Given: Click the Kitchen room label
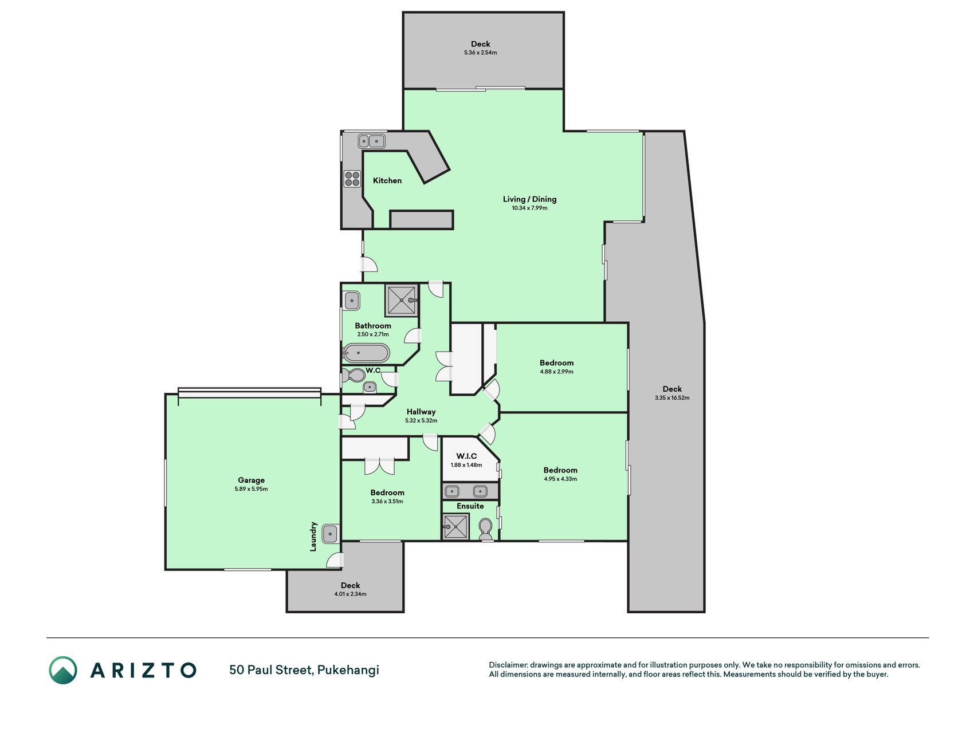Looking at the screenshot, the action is coord(387,180).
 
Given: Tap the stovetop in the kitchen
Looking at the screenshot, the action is coord(352,179).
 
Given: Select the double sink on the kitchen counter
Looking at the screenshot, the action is coord(372,141).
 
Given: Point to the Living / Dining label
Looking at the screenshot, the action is coord(529,199).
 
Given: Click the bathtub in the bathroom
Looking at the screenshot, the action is coord(366,353).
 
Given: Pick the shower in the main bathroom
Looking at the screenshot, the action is coord(402,300).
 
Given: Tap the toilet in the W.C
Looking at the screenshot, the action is coord(354,376).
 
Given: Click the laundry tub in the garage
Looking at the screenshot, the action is coord(330,534).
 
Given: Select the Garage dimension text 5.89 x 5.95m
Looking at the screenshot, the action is coord(251,489).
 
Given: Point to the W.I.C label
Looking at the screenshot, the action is coord(466,456).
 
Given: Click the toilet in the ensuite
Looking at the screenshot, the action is coord(485,529).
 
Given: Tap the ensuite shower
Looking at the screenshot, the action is coord(456,526).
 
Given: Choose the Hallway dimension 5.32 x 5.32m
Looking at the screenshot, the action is coord(421,420).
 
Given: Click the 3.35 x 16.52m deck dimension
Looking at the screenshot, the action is coord(672,397).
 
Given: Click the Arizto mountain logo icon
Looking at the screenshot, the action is coord(63,670).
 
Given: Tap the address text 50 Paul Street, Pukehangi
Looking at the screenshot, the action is coord(304,670).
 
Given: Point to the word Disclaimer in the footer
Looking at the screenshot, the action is coord(508,665).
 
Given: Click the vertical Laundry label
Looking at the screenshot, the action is coord(313,537).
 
